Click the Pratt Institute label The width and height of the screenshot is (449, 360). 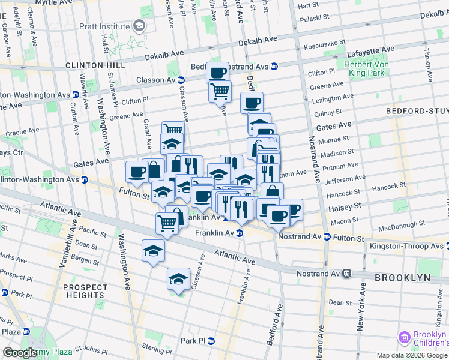click(106, 26)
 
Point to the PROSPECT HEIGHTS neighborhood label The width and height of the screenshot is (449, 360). click(84, 291)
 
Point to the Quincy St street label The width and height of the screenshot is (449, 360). click(327, 112)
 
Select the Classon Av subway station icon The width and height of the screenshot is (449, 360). click(181, 80)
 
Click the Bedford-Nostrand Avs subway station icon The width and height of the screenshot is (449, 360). click(274, 66)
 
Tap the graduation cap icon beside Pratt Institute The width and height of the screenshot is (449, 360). click(139, 25)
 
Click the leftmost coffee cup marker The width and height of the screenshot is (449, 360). click(137, 172)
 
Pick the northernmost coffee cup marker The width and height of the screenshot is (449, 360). click(218, 73)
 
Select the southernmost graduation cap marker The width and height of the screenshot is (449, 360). click(178, 279)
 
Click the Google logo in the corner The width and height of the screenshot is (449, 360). click(20, 353)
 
